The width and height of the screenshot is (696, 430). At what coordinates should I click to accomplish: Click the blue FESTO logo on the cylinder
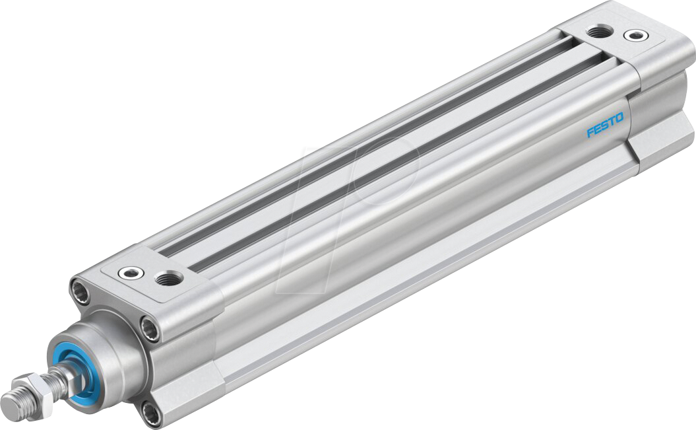click(x=605, y=125)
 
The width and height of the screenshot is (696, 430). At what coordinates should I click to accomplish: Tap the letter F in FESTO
click(x=590, y=133)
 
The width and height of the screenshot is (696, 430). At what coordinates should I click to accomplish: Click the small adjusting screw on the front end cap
click(x=127, y=271)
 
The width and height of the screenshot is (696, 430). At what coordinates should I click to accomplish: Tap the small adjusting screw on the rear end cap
click(x=635, y=35)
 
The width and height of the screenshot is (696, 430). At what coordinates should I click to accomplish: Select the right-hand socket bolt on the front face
click(x=151, y=328)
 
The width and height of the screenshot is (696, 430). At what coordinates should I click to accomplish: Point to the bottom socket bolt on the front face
click(x=150, y=413)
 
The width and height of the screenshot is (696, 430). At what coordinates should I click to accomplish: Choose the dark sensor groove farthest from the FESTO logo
click(x=369, y=132)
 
